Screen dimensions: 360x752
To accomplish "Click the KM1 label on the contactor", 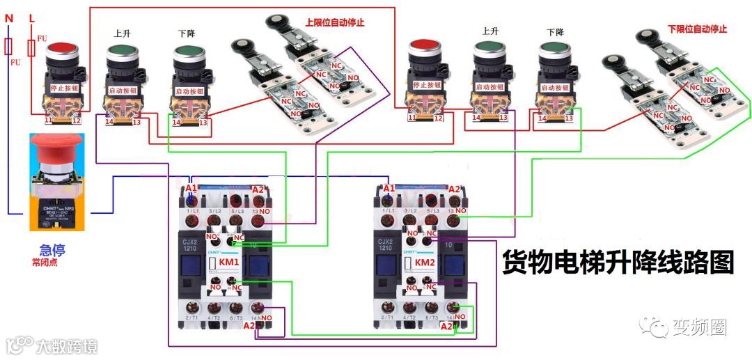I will pyautogui.click(x=229, y=262).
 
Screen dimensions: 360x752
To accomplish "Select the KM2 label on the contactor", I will pyautogui.click(x=425, y=262).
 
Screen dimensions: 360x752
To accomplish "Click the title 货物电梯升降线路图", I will pyautogui.click(x=618, y=263).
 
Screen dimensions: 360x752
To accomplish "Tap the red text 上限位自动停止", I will pyautogui.click(x=335, y=22).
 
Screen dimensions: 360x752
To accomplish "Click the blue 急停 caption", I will pyautogui.click(x=53, y=250).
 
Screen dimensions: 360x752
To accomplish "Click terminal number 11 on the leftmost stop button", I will pyautogui.click(x=49, y=120).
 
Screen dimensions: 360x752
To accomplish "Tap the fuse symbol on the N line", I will pyautogui.click(x=8, y=47).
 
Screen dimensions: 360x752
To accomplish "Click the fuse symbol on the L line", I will pyautogui.click(x=31, y=47).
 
